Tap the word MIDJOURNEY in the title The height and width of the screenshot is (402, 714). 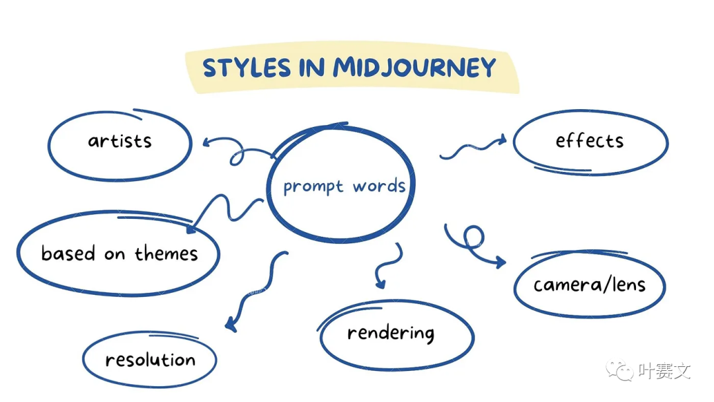pyautogui.click(x=415, y=68)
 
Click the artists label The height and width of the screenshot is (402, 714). pyautogui.click(x=120, y=141)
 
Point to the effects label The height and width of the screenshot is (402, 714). pyautogui.click(x=590, y=141)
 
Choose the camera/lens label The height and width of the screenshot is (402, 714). pyautogui.click(x=590, y=285)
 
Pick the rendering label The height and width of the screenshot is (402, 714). pyautogui.click(x=391, y=333)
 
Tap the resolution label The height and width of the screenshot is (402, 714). pyautogui.click(x=150, y=360)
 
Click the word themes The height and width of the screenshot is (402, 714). pyautogui.click(x=167, y=253)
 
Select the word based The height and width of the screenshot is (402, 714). pyautogui.click(x=68, y=253)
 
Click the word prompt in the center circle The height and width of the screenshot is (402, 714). pyautogui.click(x=313, y=187)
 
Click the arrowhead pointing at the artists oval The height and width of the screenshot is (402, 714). pyautogui.click(x=206, y=141)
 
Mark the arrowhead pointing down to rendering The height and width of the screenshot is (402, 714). pyautogui.click(x=379, y=283)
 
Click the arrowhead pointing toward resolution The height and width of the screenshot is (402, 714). pyautogui.click(x=230, y=324)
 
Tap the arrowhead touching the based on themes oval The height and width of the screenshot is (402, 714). pyautogui.click(x=192, y=228)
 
